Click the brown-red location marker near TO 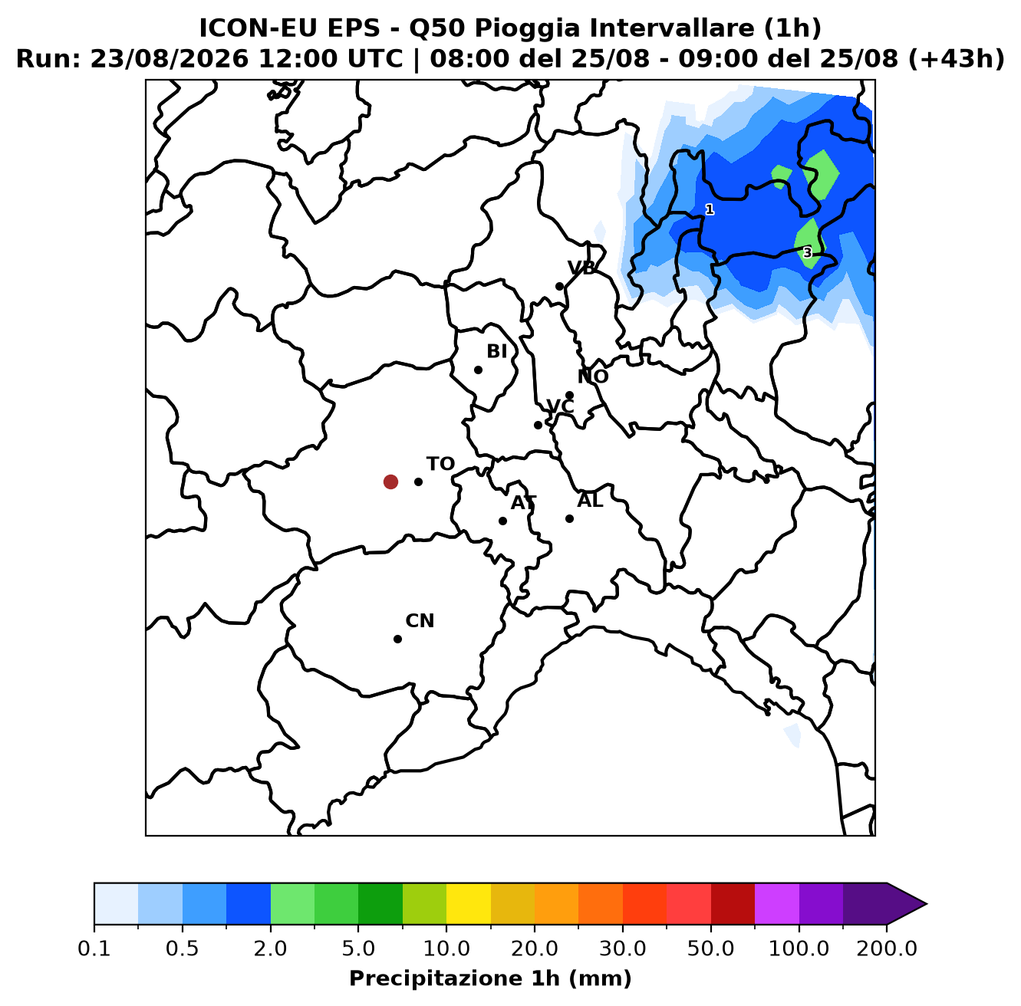(x=390, y=482)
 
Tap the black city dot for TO (x=418, y=482)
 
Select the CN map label (x=420, y=621)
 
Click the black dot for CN (x=397, y=639)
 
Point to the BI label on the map (x=497, y=351)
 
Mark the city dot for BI (x=478, y=370)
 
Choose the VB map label (x=581, y=268)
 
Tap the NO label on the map (x=593, y=376)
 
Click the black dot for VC (x=538, y=425)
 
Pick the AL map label (x=590, y=501)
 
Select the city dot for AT (x=502, y=521)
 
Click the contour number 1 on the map (x=710, y=210)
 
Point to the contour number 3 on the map (x=807, y=253)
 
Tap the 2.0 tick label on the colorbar (x=270, y=948)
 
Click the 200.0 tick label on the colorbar (x=887, y=948)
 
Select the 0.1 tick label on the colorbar (x=94, y=948)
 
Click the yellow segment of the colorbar (x=469, y=903)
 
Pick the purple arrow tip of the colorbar (x=926, y=903)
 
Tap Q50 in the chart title (x=438, y=28)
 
